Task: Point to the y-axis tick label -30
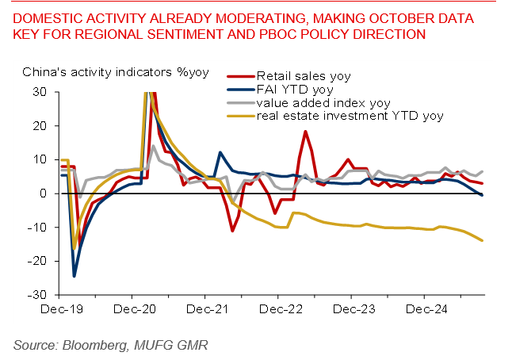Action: click(x=39, y=294)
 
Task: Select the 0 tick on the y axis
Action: click(x=44, y=193)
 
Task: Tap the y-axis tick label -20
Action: click(x=39, y=261)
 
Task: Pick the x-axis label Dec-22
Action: click(x=277, y=309)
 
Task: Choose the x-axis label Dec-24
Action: click(x=422, y=309)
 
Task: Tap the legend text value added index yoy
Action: click(x=323, y=103)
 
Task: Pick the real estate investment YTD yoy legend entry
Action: click(x=349, y=117)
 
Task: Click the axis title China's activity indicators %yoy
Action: click(x=115, y=71)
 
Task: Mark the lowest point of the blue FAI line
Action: click(x=75, y=276)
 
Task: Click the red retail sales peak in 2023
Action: click(x=306, y=132)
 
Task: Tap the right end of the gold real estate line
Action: click(x=483, y=240)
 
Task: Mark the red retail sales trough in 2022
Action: click(x=232, y=231)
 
